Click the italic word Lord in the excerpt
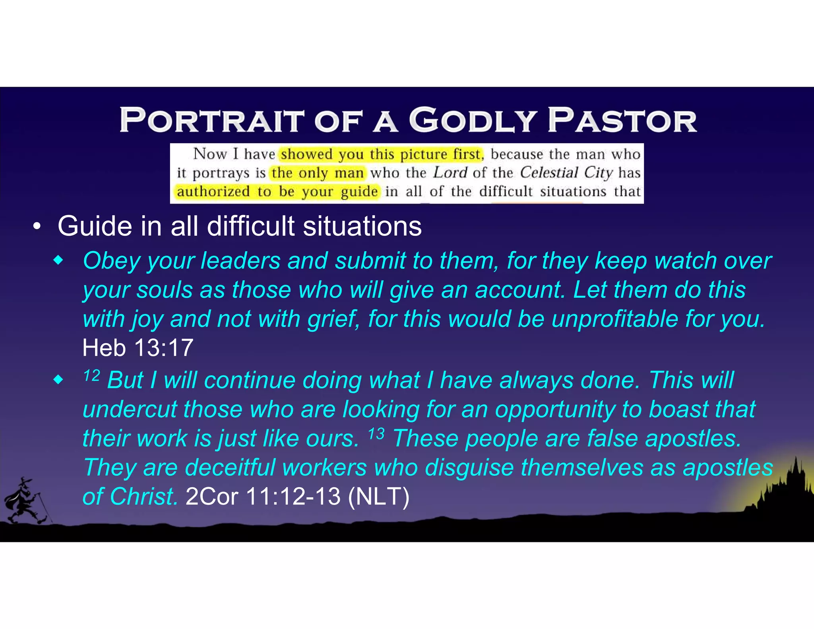pyautogui.click(x=450, y=173)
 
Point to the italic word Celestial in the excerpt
pyautogui.click(x=549, y=173)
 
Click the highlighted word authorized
pyautogui.click(x=213, y=192)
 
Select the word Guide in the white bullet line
pyautogui.click(x=95, y=226)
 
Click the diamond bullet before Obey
pyautogui.click(x=58, y=261)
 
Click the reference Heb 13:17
pyautogui.click(x=138, y=348)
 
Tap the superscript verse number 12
pyautogui.click(x=91, y=375)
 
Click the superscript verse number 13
pyautogui.click(x=376, y=434)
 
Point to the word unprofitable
pyautogui.click(x=614, y=319)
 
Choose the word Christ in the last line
pyautogui.click(x=143, y=497)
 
